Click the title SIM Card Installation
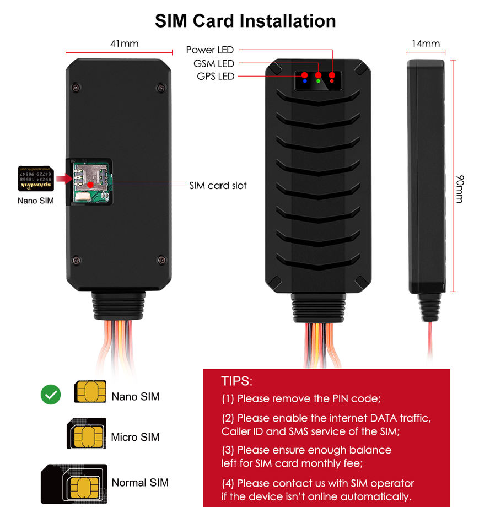[x=245, y=21]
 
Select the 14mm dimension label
[x=426, y=44]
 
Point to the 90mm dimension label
[x=459, y=189]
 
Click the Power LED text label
[x=209, y=50]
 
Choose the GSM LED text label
[x=213, y=63]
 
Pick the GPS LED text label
[x=215, y=76]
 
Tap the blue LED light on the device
[x=304, y=82]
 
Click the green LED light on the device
[x=318, y=82]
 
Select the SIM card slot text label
[x=218, y=186]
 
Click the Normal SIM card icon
[x=74, y=483]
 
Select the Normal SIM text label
[x=140, y=483]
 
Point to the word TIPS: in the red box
[x=237, y=381]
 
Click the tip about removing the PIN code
[x=301, y=398]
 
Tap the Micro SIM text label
[x=135, y=438]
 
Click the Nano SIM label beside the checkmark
[x=135, y=396]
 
